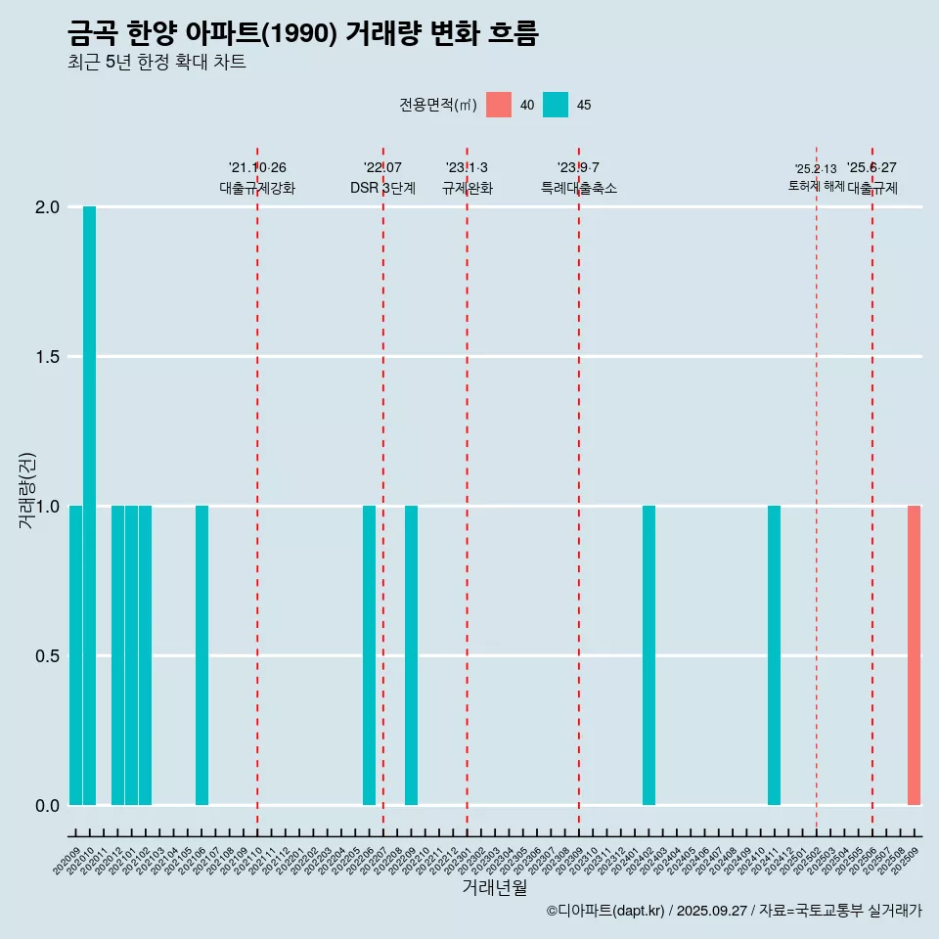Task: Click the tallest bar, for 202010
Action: (x=89, y=506)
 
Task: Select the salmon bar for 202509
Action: (x=914, y=655)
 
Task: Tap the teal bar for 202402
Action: (x=648, y=655)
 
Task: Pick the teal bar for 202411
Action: (x=774, y=655)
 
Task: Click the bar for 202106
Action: (x=201, y=655)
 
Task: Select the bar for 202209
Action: (x=411, y=655)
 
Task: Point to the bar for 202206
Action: (x=369, y=655)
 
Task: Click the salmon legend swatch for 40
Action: (x=499, y=105)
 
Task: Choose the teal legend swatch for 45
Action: (x=556, y=105)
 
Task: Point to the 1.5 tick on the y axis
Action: (x=47, y=357)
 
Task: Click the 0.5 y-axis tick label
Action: (x=47, y=655)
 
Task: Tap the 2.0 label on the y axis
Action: (x=47, y=207)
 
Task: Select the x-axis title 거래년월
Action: (x=494, y=888)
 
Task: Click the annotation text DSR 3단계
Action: (x=382, y=188)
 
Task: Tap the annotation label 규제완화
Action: (x=467, y=188)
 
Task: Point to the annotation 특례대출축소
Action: (x=579, y=188)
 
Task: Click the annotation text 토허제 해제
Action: (x=816, y=186)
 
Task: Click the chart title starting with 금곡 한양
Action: (x=303, y=34)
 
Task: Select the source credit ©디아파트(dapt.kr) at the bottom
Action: (x=734, y=911)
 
